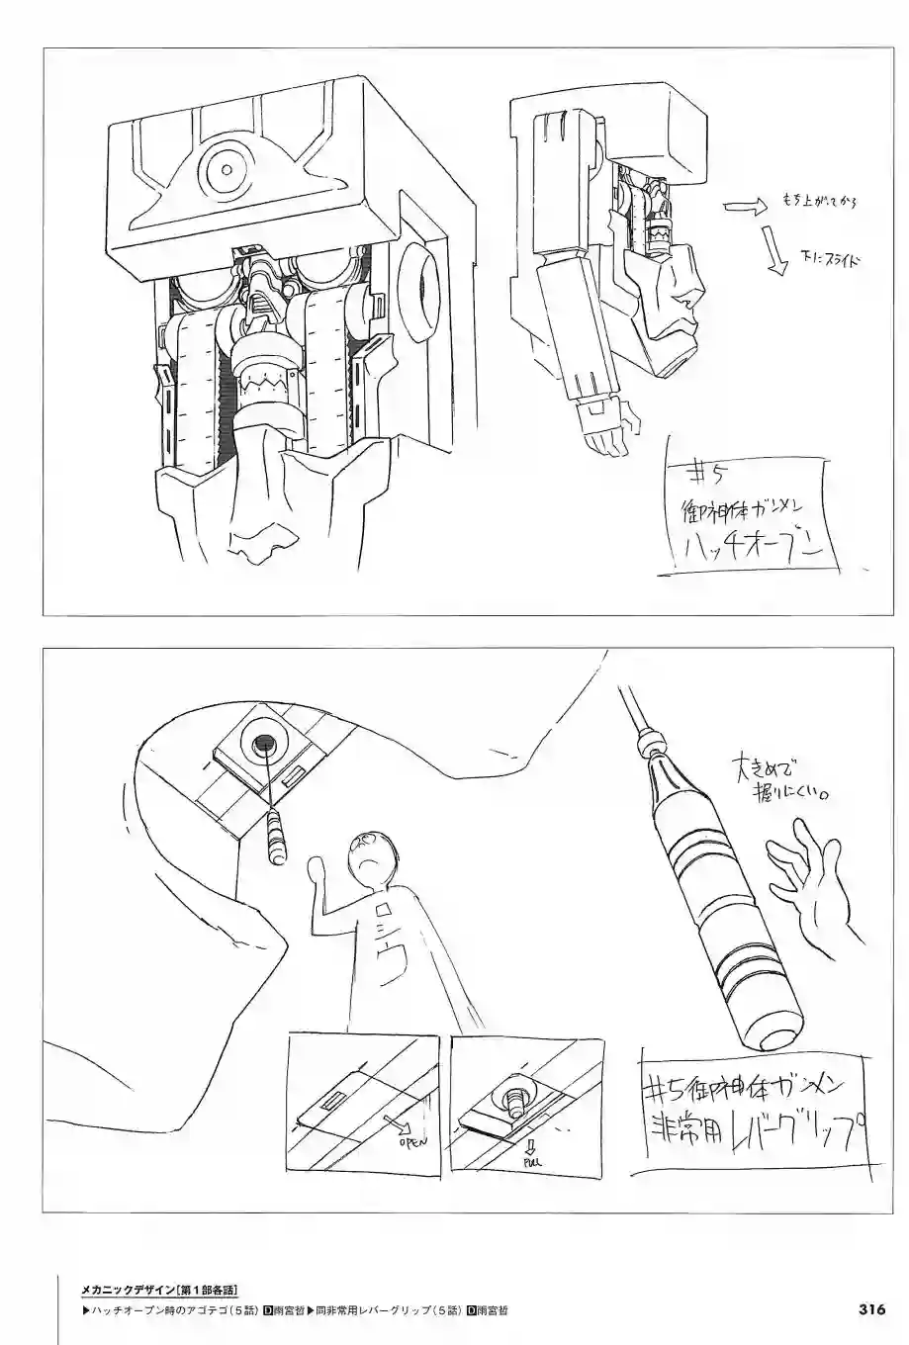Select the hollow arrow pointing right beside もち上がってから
(x=744, y=207)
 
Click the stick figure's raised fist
(x=318, y=870)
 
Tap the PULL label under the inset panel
(x=530, y=1164)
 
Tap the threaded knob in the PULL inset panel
(x=515, y=1091)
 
